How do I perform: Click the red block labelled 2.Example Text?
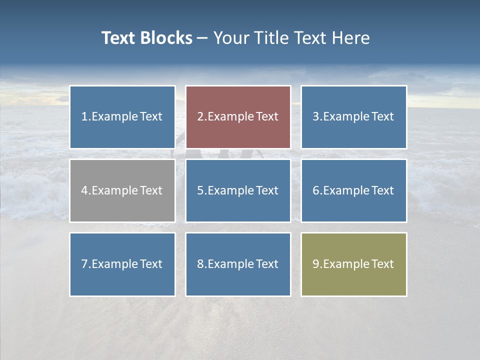click(238, 117)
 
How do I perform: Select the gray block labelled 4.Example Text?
click(122, 190)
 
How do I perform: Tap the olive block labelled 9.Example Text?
click(353, 264)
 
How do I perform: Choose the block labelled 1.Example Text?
click(122, 117)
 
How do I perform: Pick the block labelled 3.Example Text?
click(353, 117)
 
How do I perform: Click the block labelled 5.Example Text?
click(238, 190)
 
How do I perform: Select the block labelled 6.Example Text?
click(353, 190)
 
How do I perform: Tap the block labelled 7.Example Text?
click(122, 264)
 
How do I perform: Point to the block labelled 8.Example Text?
click(238, 264)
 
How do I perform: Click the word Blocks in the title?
click(166, 38)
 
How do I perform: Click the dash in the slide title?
click(203, 38)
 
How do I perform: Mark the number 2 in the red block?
click(200, 117)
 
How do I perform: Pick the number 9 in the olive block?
click(315, 264)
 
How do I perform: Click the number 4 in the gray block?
click(84, 190)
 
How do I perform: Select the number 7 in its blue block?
click(84, 264)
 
